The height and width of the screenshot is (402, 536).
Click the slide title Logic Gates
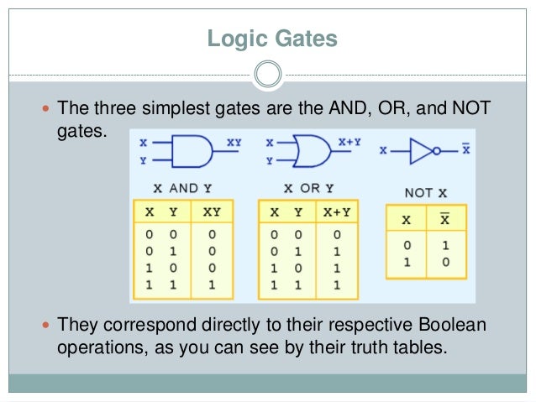[x=267, y=39]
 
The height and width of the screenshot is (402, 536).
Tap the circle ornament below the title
[x=267, y=76]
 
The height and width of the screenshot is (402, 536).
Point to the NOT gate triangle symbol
[x=419, y=151]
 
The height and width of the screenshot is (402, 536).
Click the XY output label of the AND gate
[x=234, y=143]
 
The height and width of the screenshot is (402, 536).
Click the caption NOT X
[x=424, y=193]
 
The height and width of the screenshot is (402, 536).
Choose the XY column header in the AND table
[x=212, y=212]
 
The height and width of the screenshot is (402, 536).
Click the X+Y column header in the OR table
[x=338, y=212]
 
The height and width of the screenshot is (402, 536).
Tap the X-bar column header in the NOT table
[x=446, y=219]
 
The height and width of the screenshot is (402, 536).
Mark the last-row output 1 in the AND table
[x=212, y=287]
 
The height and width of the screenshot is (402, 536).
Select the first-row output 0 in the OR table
[x=338, y=237]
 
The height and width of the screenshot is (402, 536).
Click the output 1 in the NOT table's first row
[x=446, y=248]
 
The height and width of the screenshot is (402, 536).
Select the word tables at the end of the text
[x=411, y=347]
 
